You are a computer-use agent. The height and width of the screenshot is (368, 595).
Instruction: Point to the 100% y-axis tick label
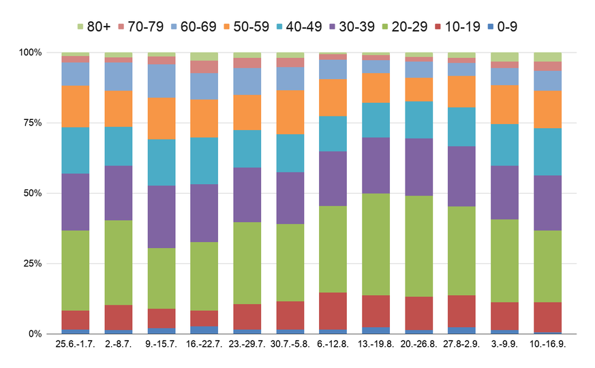30,52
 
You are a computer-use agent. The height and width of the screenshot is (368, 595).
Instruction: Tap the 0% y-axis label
35,334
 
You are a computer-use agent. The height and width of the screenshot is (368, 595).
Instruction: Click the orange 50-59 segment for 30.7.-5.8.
290,112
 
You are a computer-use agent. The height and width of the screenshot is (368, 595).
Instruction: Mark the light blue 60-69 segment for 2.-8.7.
119,76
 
